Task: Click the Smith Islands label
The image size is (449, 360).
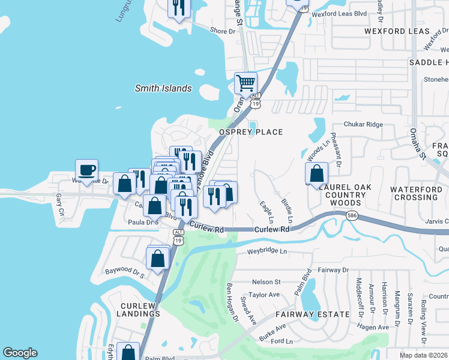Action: [163, 89]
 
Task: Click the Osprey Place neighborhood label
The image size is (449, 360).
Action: [250, 132]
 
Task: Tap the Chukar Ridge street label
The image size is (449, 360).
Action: [363, 124]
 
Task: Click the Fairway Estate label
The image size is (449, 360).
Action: [312, 314]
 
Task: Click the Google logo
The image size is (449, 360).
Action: [20, 353]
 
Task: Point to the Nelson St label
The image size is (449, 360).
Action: [266, 281]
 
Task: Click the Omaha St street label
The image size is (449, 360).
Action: [414, 143]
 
